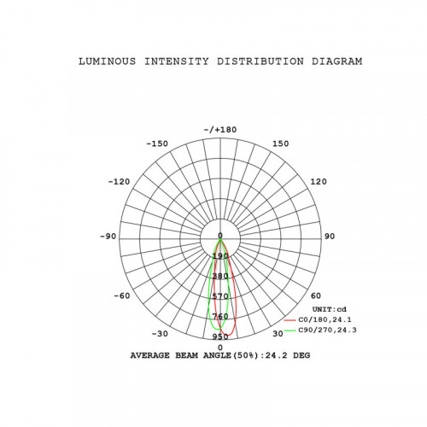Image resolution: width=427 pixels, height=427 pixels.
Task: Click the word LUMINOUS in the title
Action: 108,61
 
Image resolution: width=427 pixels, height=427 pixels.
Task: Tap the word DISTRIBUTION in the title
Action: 260,61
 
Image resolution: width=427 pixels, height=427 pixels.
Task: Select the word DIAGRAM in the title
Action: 336,61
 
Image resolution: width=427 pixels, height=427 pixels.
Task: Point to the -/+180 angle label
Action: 220,130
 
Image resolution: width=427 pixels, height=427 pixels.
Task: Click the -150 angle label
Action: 157,143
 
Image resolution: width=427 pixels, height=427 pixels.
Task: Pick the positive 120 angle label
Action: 319,182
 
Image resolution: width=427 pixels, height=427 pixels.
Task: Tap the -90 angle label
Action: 108,237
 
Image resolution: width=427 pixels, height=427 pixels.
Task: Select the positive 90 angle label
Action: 330,237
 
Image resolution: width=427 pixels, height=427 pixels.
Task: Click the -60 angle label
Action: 122,296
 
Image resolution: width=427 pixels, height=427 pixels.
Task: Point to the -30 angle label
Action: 160,334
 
